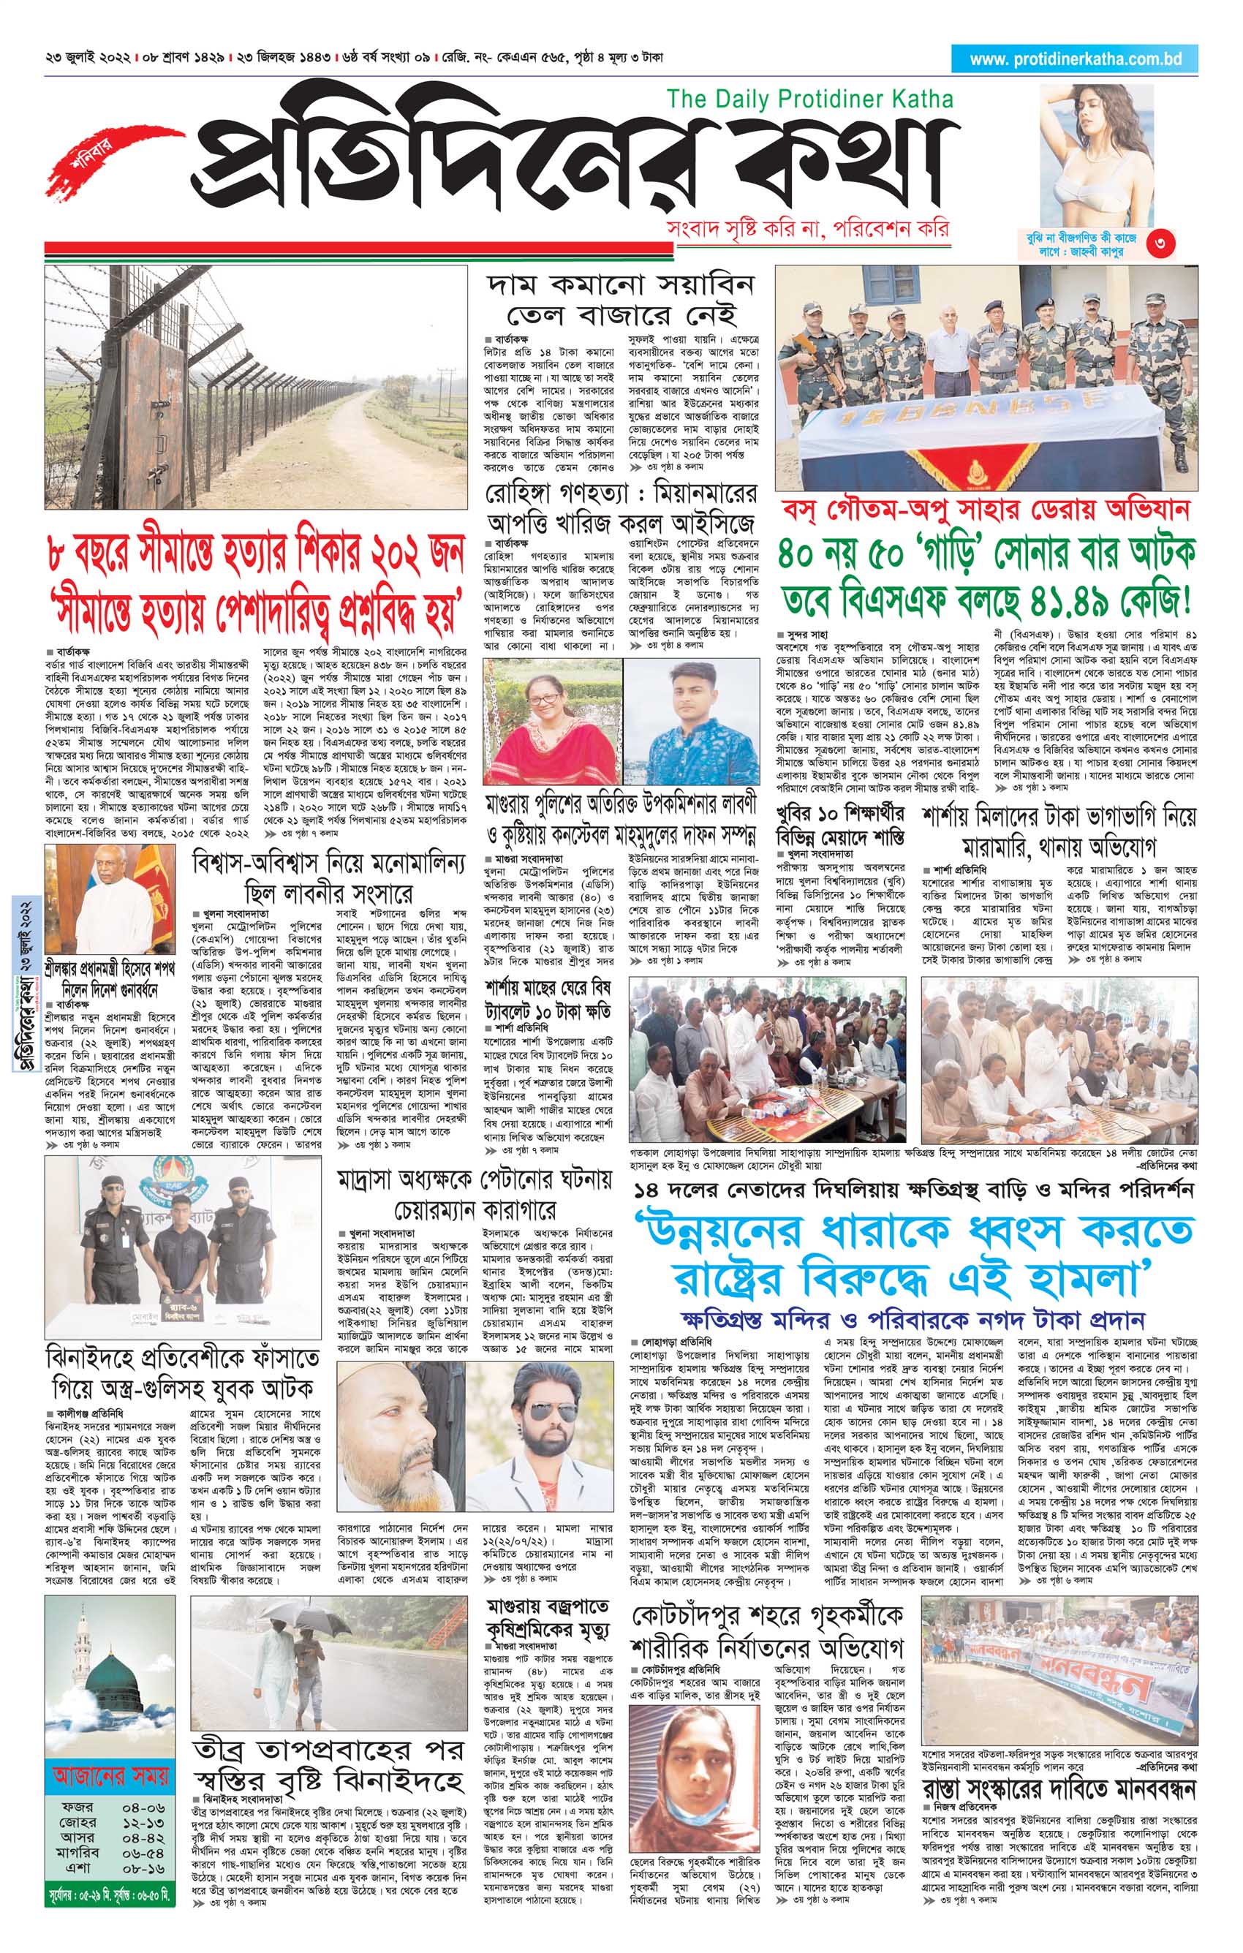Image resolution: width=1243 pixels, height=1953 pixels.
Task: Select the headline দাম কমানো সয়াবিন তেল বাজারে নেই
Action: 620,298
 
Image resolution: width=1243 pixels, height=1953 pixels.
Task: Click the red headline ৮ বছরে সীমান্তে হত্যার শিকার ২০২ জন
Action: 255,556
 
